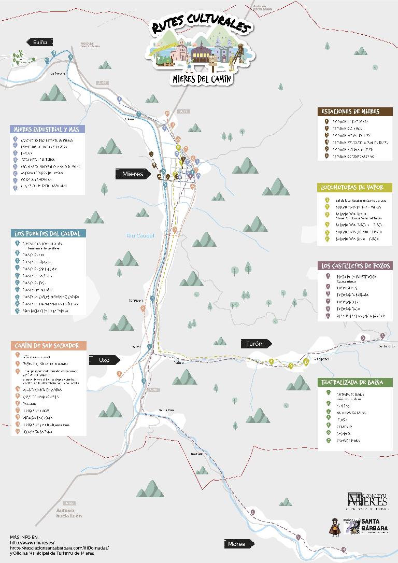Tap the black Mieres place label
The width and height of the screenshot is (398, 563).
(x=133, y=174)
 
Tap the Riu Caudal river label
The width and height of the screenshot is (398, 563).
(x=140, y=235)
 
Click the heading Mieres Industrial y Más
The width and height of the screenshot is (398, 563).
(x=47, y=129)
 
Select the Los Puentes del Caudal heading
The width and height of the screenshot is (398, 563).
(x=47, y=233)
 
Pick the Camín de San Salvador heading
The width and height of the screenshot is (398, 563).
(x=48, y=345)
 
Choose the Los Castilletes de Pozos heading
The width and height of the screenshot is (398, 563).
(x=355, y=266)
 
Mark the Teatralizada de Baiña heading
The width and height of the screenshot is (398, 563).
(x=355, y=383)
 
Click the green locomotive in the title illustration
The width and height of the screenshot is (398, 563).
(x=165, y=61)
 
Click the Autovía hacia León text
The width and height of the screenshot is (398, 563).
(x=69, y=513)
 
